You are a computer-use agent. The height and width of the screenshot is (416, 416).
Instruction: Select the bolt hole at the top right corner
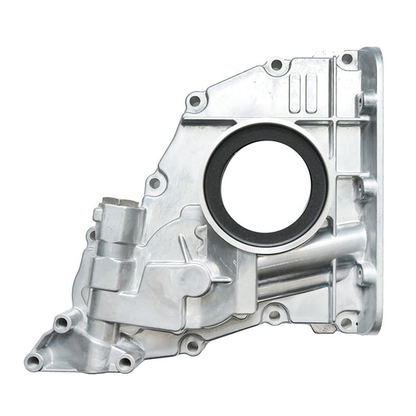[347, 59]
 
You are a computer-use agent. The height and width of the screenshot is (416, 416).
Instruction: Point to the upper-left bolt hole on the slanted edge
[195, 100]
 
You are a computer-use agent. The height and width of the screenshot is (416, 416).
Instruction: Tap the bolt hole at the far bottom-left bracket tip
[34, 360]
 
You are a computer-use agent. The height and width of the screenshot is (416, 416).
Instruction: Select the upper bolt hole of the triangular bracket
[62, 321]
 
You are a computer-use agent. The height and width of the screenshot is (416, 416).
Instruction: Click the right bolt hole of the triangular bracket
[124, 361]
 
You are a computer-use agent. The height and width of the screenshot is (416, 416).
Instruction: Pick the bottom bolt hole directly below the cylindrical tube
[273, 315]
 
